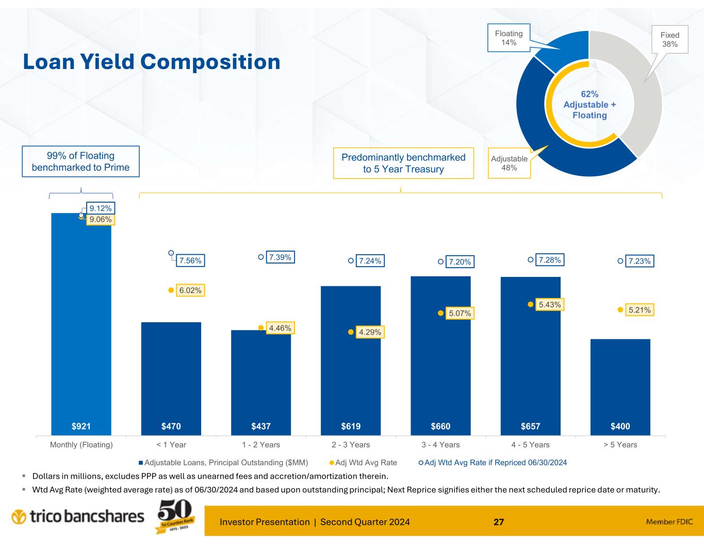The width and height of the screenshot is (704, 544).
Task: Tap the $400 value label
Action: [x=620, y=426]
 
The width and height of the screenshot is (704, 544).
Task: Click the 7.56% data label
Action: [x=190, y=261]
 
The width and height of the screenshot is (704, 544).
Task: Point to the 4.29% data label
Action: [x=370, y=333]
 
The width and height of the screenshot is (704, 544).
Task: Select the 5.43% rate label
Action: [x=549, y=305]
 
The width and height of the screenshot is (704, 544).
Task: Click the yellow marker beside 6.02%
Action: [x=171, y=290]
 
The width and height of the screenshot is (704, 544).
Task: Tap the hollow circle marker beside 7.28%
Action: [x=530, y=260]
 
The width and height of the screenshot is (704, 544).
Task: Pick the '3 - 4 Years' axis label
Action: [x=440, y=444]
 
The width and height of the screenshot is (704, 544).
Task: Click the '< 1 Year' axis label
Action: [x=171, y=444]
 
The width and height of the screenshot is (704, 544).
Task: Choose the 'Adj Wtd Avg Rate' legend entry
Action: [x=363, y=463]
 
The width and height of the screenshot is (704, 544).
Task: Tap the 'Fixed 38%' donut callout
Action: [x=669, y=39]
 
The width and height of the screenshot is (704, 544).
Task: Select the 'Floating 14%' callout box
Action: [x=509, y=38]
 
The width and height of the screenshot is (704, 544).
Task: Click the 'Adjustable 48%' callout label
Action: [x=509, y=163]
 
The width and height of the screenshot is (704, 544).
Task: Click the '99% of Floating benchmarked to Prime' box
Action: [x=80, y=161]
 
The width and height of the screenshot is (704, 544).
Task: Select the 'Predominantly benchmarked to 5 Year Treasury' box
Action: [x=403, y=163]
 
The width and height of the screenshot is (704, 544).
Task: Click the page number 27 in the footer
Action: [x=498, y=522]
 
